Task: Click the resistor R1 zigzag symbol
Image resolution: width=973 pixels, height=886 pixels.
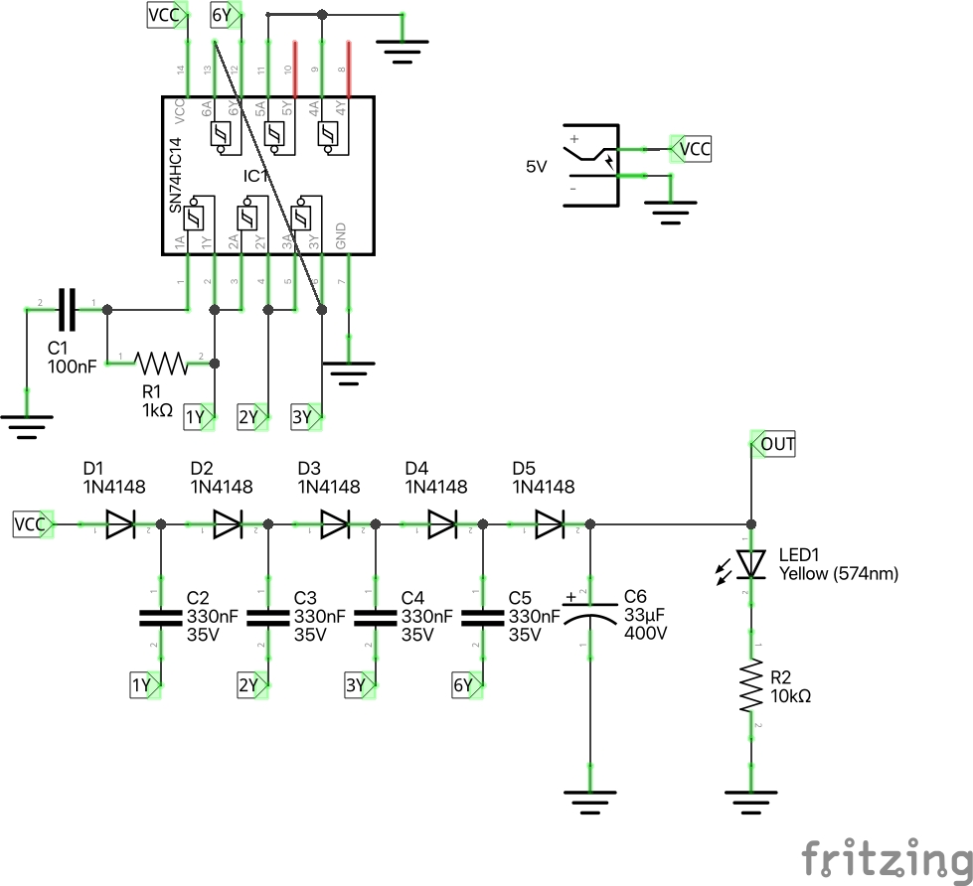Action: (161, 363)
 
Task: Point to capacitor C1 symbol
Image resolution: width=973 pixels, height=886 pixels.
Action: (67, 310)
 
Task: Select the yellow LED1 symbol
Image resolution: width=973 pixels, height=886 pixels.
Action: (751, 564)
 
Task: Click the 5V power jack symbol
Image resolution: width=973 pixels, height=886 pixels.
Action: (590, 165)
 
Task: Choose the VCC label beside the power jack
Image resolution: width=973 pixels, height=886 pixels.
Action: (692, 149)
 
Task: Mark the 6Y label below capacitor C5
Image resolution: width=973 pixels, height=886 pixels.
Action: (464, 685)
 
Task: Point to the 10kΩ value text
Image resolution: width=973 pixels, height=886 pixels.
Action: (791, 696)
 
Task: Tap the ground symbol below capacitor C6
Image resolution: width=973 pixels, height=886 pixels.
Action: (590, 801)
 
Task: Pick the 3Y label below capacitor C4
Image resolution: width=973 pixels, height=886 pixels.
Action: (358, 685)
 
